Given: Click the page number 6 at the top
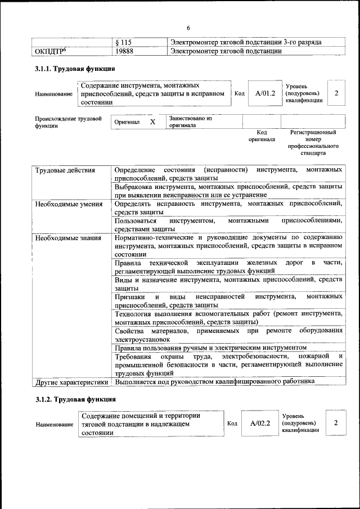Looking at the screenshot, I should click(188, 29).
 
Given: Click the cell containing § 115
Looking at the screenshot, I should click(123, 43).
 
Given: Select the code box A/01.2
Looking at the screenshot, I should click(265, 93).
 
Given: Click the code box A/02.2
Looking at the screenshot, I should click(260, 422).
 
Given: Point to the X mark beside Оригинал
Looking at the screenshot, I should click(152, 121).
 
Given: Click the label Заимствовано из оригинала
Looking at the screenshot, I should click(190, 122).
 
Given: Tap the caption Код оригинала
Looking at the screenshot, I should click(262, 135).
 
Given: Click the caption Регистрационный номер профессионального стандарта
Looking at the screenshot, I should click(313, 142).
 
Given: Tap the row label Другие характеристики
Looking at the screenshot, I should click(71, 382).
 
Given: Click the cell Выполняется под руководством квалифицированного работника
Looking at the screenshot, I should click(214, 382).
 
